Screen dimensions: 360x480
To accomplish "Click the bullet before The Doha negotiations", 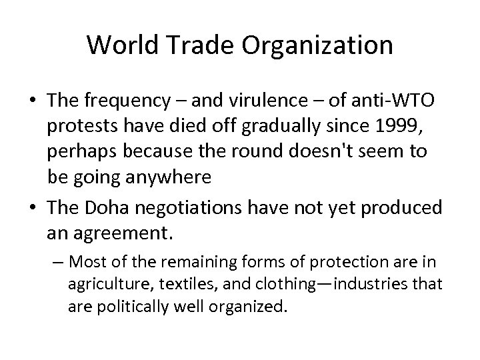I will (32, 208).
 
